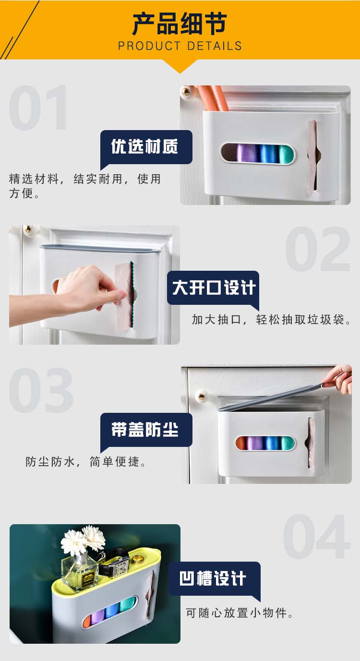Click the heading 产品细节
(180, 24)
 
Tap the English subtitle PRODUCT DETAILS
(180, 46)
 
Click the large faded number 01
(39, 108)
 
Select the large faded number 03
(41, 390)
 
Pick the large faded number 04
(317, 536)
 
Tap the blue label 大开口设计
(213, 288)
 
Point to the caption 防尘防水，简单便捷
(85, 462)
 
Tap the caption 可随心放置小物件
(240, 613)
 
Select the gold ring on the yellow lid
(137, 558)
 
